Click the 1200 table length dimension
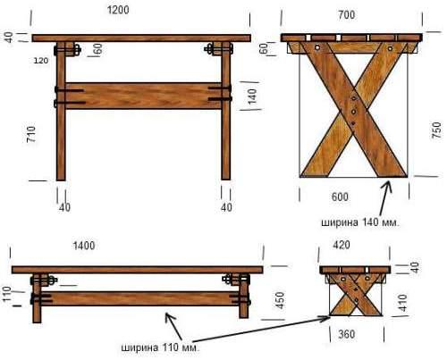pyautogui.click(x=118, y=10)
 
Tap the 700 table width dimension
pyautogui.click(x=347, y=15)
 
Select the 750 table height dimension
pyautogui.click(x=436, y=130)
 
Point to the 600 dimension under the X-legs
pyautogui.click(x=340, y=197)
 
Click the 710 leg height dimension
pyautogui.click(x=31, y=134)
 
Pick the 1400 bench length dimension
pyautogui.click(x=84, y=246)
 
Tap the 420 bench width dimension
pyautogui.click(x=342, y=245)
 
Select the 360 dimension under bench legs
pyautogui.click(x=347, y=334)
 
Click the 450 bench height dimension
pyautogui.click(x=281, y=300)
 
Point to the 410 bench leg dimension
pyautogui.click(x=403, y=303)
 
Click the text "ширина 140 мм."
pyautogui.click(x=359, y=222)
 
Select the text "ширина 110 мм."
pyautogui.click(x=160, y=347)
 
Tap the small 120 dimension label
pyautogui.click(x=41, y=61)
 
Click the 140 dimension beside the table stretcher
pyautogui.click(x=252, y=96)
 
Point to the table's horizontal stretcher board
pyautogui.click(x=143, y=96)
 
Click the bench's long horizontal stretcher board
pyautogui.click(x=141, y=298)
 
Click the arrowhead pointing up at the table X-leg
pyautogui.click(x=388, y=184)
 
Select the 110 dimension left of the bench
pyautogui.click(x=6, y=294)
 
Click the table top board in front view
pyautogui.click(x=141, y=38)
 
